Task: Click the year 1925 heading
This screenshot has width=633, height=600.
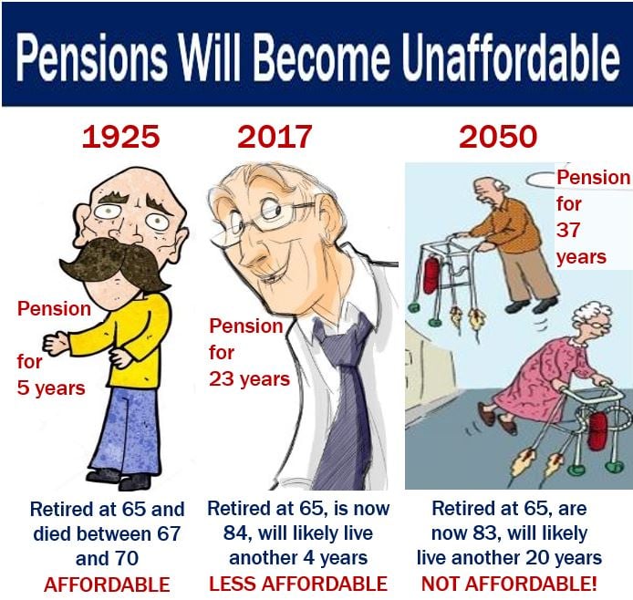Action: tap(120, 137)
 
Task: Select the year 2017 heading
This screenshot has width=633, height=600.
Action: tap(275, 137)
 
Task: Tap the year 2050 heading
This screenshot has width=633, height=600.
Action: tap(498, 137)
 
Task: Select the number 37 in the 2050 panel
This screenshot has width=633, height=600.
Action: tap(568, 231)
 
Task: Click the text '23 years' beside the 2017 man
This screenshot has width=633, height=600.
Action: tap(250, 379)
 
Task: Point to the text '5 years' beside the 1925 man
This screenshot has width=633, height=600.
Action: tap(51, 388)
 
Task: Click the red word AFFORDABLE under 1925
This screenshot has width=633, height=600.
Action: tap(107, 584)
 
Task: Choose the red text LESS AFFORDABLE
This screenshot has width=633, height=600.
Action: tap(298, 584)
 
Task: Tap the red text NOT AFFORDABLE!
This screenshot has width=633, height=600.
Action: tap(509, 584)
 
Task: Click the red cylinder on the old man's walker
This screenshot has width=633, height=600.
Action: tap(431, 276)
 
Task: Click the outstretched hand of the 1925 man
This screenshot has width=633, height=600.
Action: tap(57, 344)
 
